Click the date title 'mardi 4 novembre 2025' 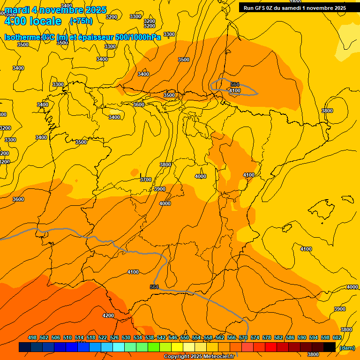pyautogui.click(x=55, y=10)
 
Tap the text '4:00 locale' pyautogui.click(x=33, y=21)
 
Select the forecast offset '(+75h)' pyautogui.click(x=81, y=21)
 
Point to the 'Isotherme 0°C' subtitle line pyautogui.click(x=82, y=37)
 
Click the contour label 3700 pyautogui.click(x=146, y=180)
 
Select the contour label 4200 pyautogui.click(x=108, y=315)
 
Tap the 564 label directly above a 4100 pyautogui.click(x=235, y=84)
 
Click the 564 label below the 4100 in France pyautogui.click(x=155, y=287)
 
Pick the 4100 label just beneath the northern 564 pyautogui.click(x=235, y=90)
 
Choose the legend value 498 pyautogui.click(x=32, y=337)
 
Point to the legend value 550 pyautogui.click(x=185, y=337)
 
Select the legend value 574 pyautogui.click(x=255, y=337)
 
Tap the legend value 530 pyautogui.click(x=126, y=337)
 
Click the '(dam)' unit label pyautogui.click(x=346, y=347)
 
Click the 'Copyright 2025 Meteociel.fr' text pyautogui.click(x=199, y=357)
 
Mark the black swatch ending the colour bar pyautogui.click(x=330, y=347)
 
